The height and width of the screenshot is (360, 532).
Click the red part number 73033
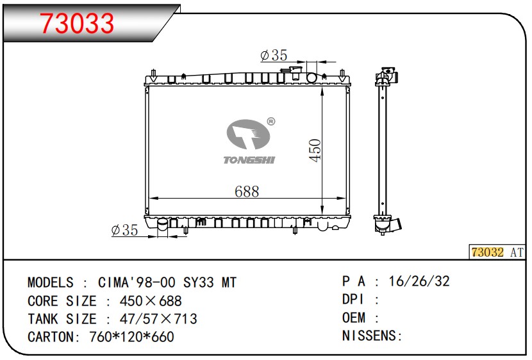pos(77,24)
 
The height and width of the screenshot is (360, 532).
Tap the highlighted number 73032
pos(488,252)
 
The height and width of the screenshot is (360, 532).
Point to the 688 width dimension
pos(247,192)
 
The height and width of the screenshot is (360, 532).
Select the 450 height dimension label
pos(315,151)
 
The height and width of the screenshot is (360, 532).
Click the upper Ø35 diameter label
pos(274,55)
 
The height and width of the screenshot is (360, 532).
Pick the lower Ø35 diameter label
pos(124,230)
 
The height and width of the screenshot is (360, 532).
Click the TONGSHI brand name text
pos(249,160)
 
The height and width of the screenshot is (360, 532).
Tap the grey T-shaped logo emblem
pos(248,135)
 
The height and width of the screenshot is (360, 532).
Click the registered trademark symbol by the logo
pos(270,121)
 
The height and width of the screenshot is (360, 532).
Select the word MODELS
pos(50,282)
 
